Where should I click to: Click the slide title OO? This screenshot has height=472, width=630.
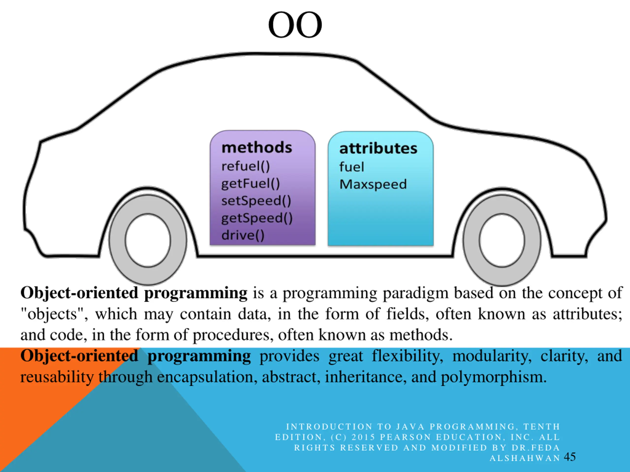pos(295,25)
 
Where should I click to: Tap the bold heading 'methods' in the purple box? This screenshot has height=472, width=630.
pos(257,148)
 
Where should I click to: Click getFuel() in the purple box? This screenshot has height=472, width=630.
pos(251,183)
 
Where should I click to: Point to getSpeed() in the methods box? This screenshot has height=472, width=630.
pos(257,218)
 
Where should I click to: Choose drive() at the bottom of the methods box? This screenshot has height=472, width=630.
pos(243,235)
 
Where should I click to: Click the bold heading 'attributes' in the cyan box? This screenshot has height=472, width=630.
pos(378,148)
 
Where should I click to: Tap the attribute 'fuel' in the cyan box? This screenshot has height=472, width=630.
pos(351,167)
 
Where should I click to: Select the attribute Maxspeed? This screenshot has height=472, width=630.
pos(373,184)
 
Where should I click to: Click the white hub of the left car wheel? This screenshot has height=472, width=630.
pos(148,240)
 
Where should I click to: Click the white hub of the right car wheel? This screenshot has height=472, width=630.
pos(502,240)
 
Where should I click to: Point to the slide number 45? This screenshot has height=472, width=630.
pos(570,457)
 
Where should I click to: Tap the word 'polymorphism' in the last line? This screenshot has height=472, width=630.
pos(494,377)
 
